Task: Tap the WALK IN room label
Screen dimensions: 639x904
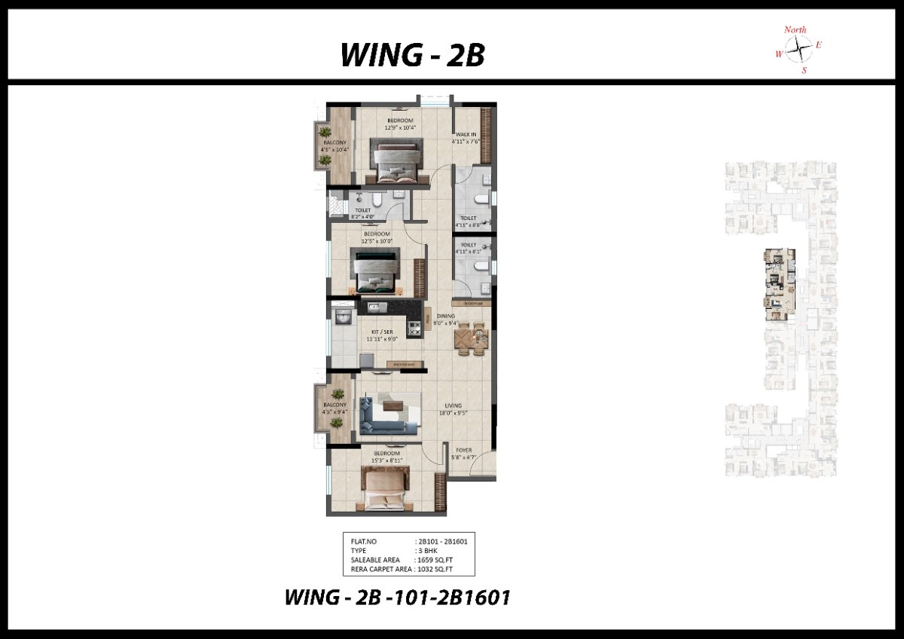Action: click(466, 135)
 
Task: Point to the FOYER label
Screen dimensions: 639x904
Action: click(463, 451)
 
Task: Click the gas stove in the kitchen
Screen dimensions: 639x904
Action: click(414, 328)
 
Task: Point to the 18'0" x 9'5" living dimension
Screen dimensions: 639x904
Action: click(452, 413)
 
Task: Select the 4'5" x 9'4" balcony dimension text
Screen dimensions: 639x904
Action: click(334, 412)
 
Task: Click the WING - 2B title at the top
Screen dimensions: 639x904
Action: click(412, 55)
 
